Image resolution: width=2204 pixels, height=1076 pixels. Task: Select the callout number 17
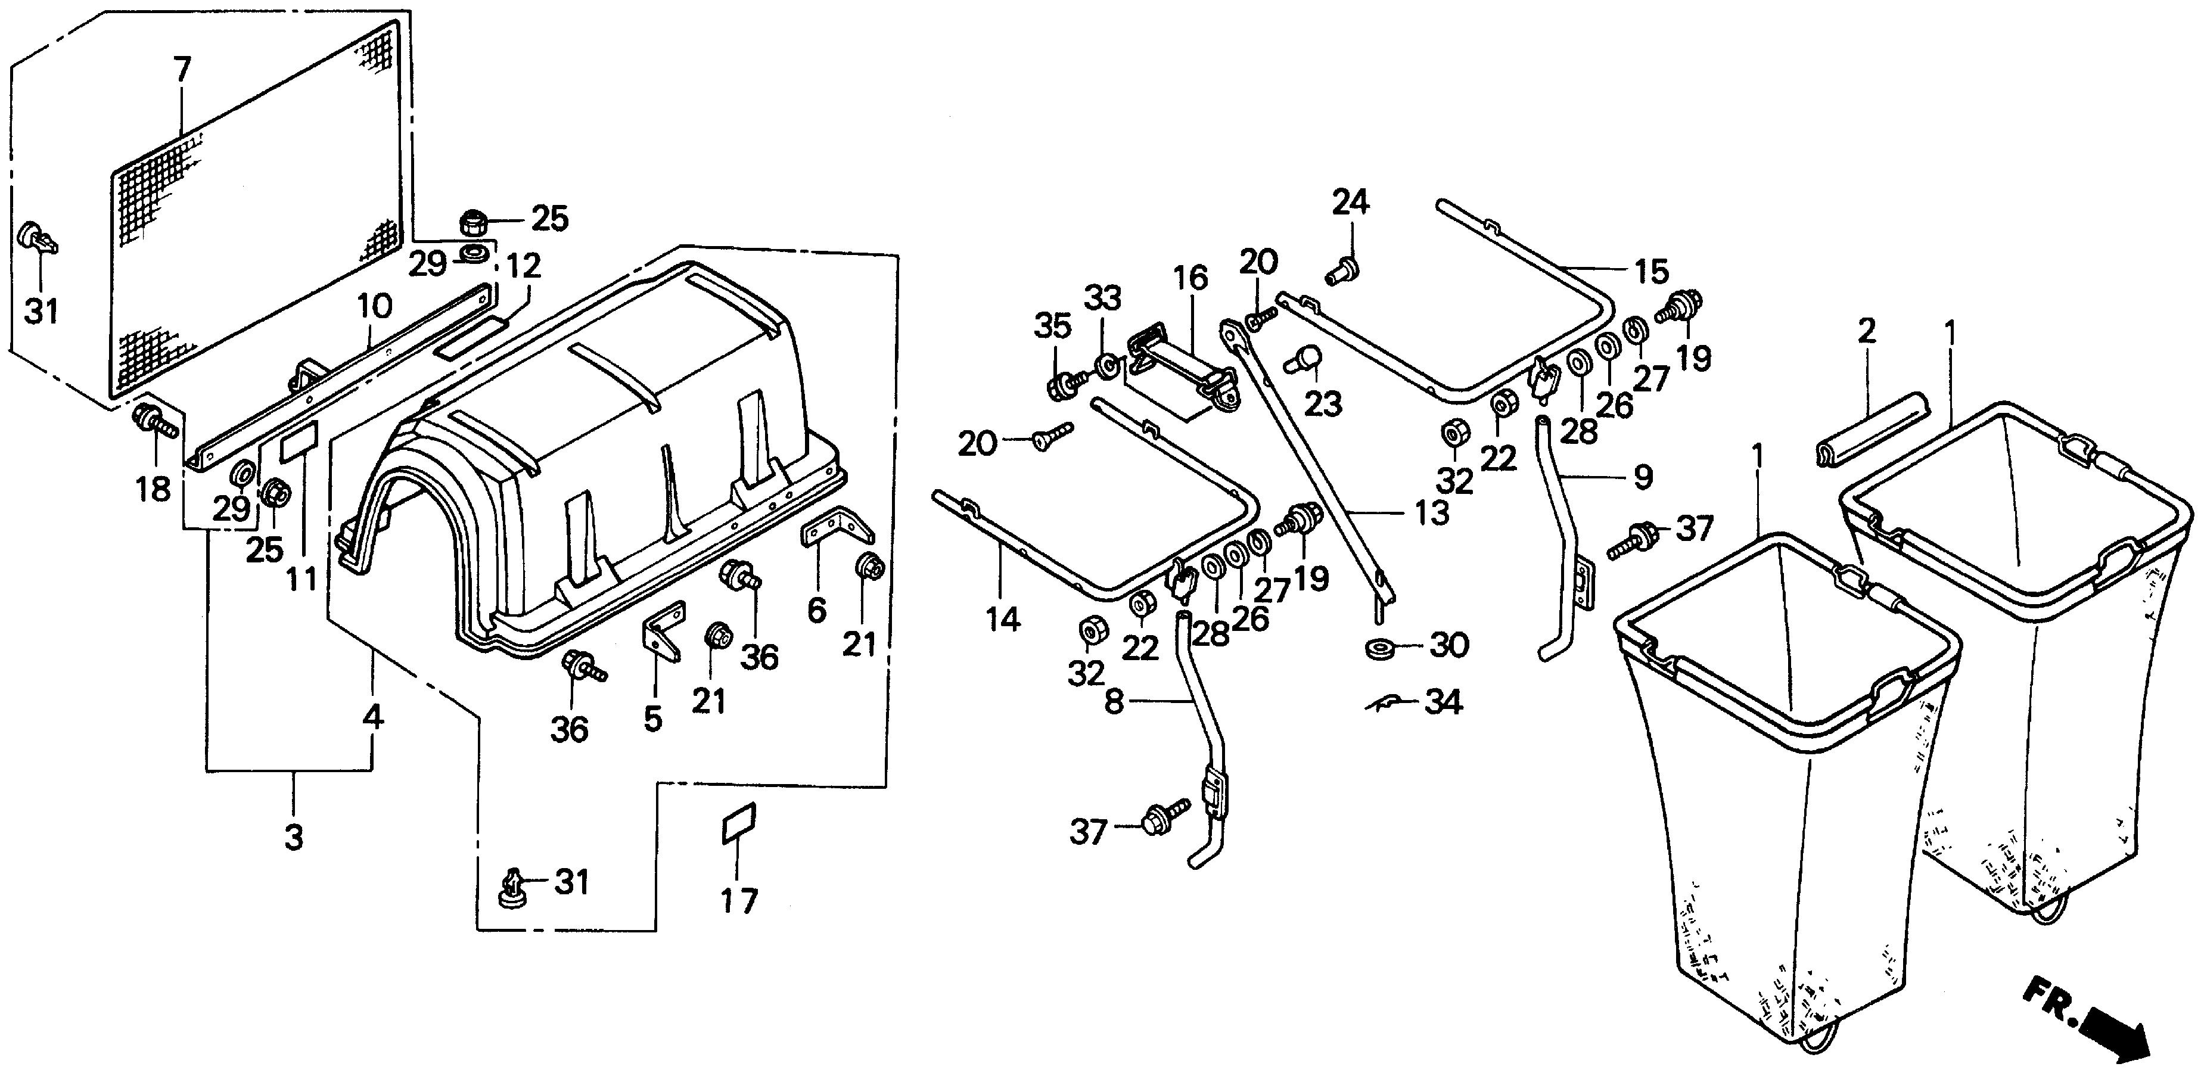pyautogui.click(x=738, y=901)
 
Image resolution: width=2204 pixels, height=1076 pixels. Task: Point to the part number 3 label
pyautogui.click(x=294, y=837)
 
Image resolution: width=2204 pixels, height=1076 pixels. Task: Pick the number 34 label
pyautogui.click(x=1443, y=702)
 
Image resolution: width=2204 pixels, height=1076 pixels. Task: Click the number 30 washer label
pyautogui.click(x=1449, y=645)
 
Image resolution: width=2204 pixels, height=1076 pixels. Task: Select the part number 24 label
pyautogui.click(x=1350, y=203)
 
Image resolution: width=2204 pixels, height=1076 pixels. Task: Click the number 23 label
pyautogui.click(x=1323, y=404)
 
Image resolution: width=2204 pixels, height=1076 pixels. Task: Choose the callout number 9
pyautogui.click(x=1643, y=477)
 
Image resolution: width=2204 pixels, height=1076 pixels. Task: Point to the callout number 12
pyautogui.click(x=524, y=266)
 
